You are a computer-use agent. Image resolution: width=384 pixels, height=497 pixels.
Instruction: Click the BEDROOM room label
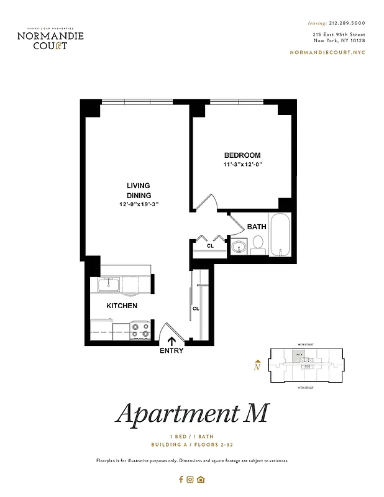coord(242,155)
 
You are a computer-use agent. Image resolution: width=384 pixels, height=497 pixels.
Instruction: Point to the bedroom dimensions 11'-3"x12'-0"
coord(244,165)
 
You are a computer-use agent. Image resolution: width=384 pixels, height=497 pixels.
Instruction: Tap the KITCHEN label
coord(122,306)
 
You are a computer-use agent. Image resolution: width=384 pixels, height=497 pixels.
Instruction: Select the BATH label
coord(257,227)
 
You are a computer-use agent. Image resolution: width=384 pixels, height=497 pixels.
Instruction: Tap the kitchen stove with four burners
coord(140,329)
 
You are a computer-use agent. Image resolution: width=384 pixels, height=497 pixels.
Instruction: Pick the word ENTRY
coord(171,350)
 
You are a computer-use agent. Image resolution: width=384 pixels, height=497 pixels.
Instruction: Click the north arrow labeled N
coord(257,365)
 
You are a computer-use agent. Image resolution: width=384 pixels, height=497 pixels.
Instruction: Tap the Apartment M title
coord(192,414)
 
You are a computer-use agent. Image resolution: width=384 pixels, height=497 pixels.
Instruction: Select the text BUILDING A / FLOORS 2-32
coord(192,445)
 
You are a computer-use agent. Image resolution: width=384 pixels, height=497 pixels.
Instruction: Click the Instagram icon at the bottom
coord(191,479)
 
